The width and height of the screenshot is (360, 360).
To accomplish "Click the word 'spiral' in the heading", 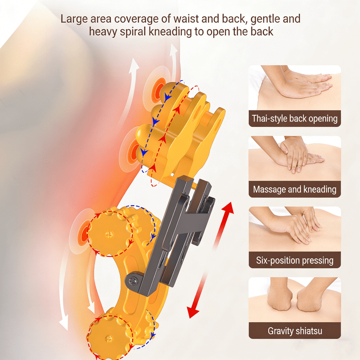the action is [x=133, y=32].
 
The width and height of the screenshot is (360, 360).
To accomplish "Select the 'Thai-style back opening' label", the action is [x=295, y=119].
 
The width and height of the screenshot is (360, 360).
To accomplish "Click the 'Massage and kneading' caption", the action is [x=295, y=189].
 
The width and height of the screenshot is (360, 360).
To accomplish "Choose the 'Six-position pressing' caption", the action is [x=295, y=261].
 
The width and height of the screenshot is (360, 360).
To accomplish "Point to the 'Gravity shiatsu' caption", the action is [x=295, y=331].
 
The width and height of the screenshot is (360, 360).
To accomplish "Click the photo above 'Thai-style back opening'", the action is [x=295, y=88].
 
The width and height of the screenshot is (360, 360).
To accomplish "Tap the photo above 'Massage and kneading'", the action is [x=295, y=158].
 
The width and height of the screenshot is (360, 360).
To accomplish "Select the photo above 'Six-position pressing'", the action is [x=295, y=229].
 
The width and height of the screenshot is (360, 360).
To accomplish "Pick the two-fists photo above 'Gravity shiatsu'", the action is [x=295, y=300].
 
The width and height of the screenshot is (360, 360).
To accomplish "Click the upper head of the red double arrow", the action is [x=229, y=208].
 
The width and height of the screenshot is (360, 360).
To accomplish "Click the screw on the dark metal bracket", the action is [x=133, y=280].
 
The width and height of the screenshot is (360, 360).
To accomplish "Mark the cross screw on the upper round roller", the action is [x=109, y=234].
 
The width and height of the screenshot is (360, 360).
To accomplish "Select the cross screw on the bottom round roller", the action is [x=109, y=339].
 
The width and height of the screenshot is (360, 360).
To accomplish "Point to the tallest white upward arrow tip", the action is [x=173, y=45].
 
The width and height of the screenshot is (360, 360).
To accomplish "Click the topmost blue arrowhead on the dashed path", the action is [x=168, y=97].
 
